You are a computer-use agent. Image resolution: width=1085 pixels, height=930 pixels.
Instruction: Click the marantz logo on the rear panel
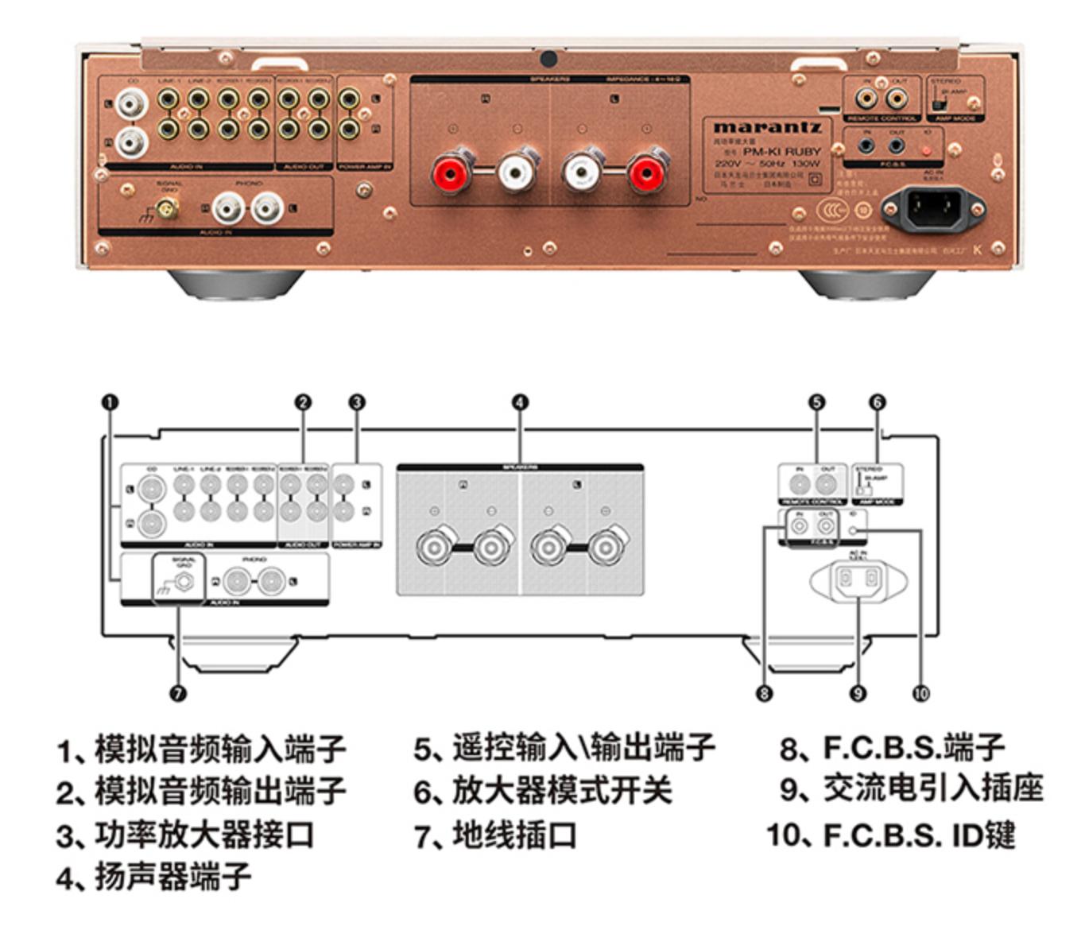[x=766, y=127]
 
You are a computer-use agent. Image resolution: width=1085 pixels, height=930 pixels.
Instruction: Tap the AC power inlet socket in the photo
[x=935, y=207]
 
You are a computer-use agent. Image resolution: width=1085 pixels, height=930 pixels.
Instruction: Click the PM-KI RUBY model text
[x=781, y=151]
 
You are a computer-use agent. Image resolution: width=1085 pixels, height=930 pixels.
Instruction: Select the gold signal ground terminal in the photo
[x=167, y=209]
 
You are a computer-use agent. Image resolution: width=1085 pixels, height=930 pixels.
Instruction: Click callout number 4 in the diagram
[x=520, y=402]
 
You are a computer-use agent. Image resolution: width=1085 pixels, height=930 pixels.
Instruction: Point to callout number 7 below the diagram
[x=178, y=694]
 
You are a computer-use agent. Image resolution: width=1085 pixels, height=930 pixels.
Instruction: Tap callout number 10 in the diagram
[x=920, y=694]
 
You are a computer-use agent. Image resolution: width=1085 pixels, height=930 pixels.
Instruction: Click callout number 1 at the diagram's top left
[x=110, y=402]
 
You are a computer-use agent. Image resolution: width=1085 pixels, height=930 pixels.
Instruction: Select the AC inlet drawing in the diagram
[x=858, y=580]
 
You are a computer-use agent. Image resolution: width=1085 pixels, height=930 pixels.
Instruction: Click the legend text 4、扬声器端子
[x=154, y=877]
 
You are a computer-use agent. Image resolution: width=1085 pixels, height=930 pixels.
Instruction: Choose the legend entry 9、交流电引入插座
[x=911, y=789]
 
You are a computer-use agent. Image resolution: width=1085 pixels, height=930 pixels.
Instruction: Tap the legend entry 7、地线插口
[x=495, y=835]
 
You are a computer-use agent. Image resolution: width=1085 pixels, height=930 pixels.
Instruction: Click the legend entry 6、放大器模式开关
[x=543, y=791]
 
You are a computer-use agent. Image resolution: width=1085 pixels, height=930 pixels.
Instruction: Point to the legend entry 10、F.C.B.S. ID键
[x=891, y=835]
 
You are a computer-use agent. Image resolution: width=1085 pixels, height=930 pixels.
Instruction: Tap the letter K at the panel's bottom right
[x=977, y=250]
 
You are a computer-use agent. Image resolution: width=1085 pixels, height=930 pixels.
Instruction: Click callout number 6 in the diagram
[x=877, y=402]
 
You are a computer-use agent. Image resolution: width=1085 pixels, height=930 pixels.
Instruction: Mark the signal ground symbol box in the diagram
[x=178, y=579]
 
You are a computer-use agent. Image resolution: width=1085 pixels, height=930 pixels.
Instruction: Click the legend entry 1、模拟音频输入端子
[x=201, y=749]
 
